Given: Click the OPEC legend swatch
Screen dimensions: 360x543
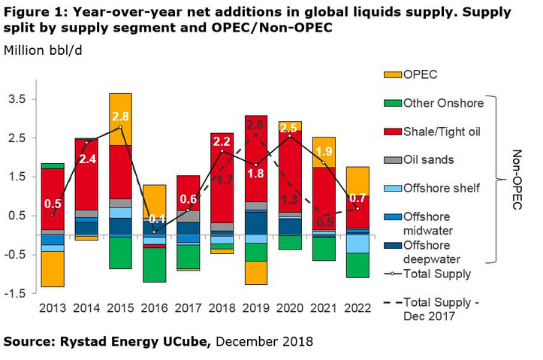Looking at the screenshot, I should (392, 74).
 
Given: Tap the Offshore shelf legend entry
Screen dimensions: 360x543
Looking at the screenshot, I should (440, 188).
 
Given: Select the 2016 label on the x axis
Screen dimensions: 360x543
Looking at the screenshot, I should (154, 307).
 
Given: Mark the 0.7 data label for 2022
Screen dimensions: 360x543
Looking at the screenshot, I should (357, 198).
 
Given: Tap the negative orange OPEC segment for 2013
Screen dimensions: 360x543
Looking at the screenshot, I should (52, 268).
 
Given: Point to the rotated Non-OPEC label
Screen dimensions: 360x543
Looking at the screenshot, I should (517, 179).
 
